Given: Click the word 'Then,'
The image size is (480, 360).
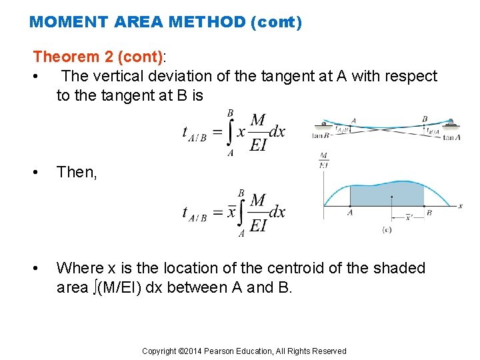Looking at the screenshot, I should [x=77, y=172].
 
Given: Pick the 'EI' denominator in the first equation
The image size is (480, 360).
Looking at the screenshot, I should [x=258, y=145].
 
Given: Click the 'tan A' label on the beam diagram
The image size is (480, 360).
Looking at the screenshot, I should [x=452, y=137].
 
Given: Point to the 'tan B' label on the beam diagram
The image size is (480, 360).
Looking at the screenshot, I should [x=321, y=137].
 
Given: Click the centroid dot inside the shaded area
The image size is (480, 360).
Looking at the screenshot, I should [x=391, y=197].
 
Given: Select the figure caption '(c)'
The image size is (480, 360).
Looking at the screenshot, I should [x=386, y=230].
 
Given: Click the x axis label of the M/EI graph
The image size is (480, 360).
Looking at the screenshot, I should [x=460, y=206].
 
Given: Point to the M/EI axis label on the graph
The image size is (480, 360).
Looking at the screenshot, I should [x=323, y=160].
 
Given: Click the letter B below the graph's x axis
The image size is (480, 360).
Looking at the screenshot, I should [x=428, y=213].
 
